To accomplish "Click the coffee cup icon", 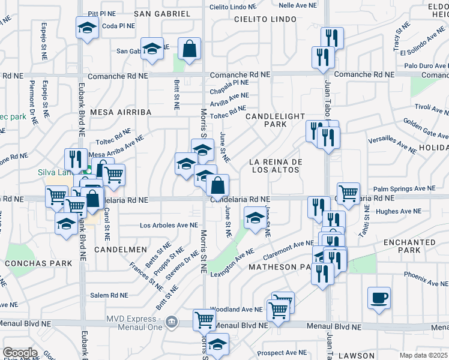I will click(379, 297).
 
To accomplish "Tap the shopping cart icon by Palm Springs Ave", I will click(348, 193).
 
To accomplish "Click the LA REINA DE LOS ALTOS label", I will click(276, 166).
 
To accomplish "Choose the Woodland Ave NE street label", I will click(236, 310).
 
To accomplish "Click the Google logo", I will click(19, 353).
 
